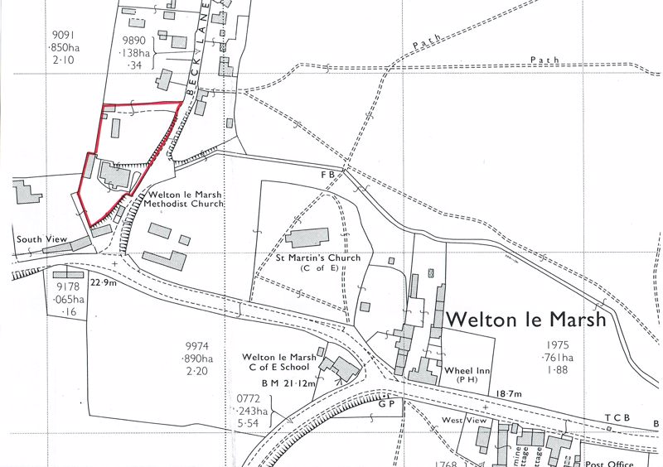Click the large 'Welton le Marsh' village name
tap(527, 319)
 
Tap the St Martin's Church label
tap(319, 258)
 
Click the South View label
tap(41, 239)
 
